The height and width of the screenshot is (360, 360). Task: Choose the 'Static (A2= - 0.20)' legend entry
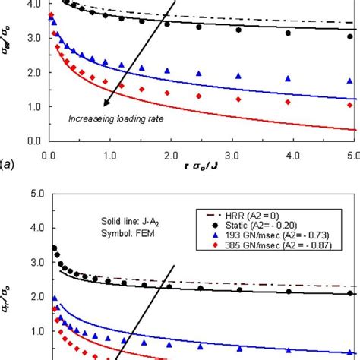coord(281,226)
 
